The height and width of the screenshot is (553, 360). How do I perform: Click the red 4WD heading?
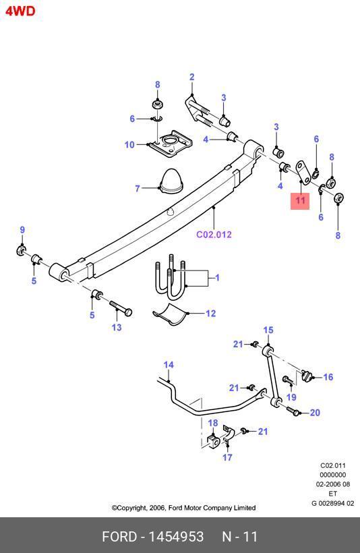coord(20,11)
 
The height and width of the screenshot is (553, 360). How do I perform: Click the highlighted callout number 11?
coord(300,201)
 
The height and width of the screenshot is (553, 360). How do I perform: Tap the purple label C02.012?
coord(214,235)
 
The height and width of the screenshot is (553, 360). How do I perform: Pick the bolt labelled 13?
coord(121,309)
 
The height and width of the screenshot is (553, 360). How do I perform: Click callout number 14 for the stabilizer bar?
coord(169,365)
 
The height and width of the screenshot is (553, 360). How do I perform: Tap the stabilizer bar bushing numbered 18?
coord(213,442)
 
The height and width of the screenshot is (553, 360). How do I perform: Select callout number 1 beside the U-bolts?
coord(217,278)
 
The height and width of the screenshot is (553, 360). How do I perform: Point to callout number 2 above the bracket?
coord(192,77)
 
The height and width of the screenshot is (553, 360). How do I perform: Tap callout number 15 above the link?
coord(268,330)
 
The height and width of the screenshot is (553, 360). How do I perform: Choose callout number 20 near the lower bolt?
coord(315,413)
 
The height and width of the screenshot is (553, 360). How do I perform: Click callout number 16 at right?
coord(328,377)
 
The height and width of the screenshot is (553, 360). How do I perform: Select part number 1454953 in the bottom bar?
coord(176,537)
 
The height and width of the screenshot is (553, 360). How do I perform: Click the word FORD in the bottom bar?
coord(119,537)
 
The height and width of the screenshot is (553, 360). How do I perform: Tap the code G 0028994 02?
coord(332,503)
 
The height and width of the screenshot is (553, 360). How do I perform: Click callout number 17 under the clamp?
coord(227,457)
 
